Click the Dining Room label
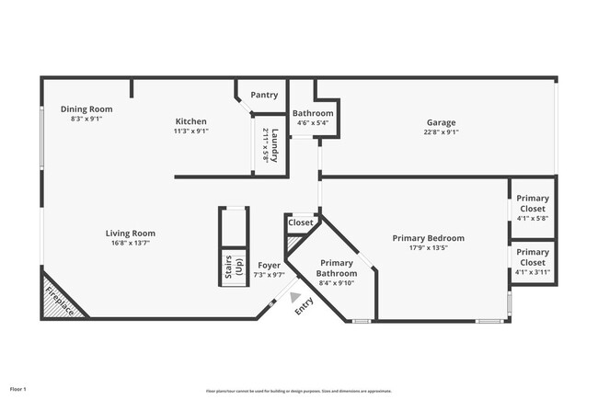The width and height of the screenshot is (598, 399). pos(86,108)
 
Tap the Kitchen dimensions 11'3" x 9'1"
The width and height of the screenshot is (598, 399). pos(191,131)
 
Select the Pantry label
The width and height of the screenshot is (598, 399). pos(264,95)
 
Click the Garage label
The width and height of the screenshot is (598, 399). pos(441,121)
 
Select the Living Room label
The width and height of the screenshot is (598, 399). pos(130,233)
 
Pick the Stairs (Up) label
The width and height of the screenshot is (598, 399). pos(235,267)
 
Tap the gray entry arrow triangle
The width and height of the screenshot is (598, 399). pos(295,297)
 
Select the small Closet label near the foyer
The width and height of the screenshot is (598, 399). pos(301,222)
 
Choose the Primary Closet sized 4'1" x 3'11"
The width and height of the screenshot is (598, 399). pos(532,256)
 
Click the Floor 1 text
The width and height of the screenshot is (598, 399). pos(18,390)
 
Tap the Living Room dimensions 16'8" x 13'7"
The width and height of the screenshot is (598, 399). pos(130,243)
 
